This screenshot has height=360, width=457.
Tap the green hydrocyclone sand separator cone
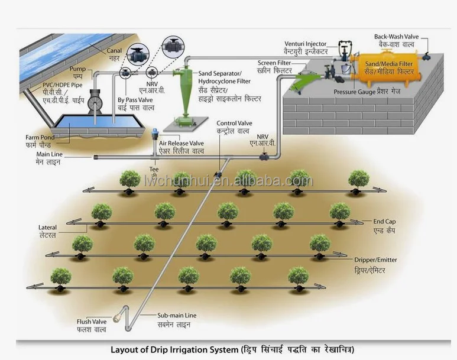[184, 95]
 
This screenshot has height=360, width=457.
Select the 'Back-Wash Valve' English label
[396, 37]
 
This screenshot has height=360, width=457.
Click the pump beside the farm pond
[98, 102]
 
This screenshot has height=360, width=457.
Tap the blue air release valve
[155, 134]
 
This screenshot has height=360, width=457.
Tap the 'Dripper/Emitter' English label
[375, 260]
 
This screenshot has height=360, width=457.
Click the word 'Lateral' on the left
[47, 227]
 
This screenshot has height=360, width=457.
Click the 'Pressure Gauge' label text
[354, 92]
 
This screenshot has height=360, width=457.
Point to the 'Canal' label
[114, 51]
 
